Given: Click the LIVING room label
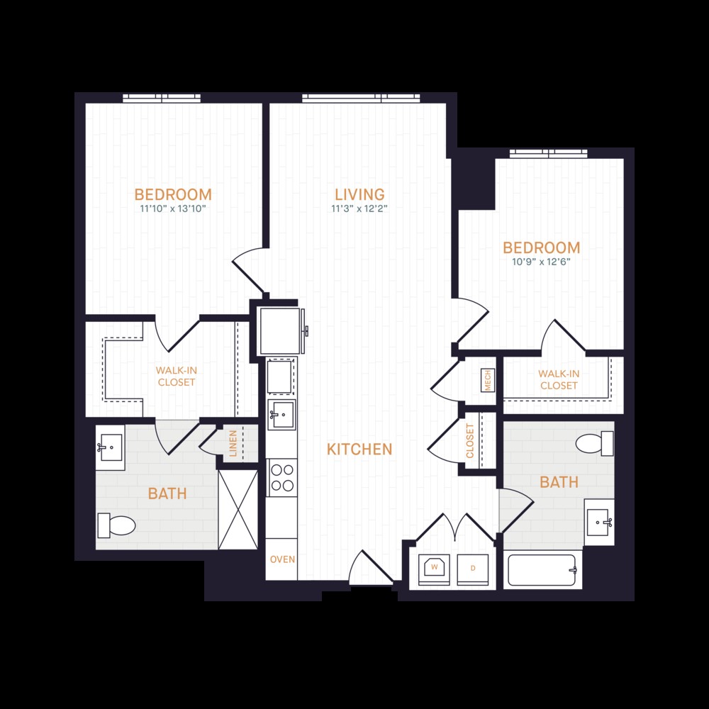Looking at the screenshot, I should [x=359, y=194].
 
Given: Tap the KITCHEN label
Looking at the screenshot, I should [x=359, y=449].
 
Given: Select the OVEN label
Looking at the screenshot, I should [x=281, y=559].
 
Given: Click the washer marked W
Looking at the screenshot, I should [x=434, y=569].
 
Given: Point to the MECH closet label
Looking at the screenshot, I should [x=487, y=381].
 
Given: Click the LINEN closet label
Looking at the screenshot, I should [x=232, y=443].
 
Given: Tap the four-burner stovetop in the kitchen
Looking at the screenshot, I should [x=282, y=477].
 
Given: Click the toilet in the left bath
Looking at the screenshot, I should [x=117, y=525].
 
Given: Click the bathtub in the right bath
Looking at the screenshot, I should [x=543, y=570].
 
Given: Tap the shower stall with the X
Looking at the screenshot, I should [x=238, y=508].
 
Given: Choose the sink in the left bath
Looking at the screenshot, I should [x=110, y=447].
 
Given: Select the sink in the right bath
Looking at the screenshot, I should [x=599, y=523].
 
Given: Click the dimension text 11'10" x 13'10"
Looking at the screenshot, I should [x=173, y=209].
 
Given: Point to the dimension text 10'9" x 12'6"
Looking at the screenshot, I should [x=541, y=262].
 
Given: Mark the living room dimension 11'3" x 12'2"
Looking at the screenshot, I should [x=359, y=208].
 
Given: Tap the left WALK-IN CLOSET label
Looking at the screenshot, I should [x=176, y=376].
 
